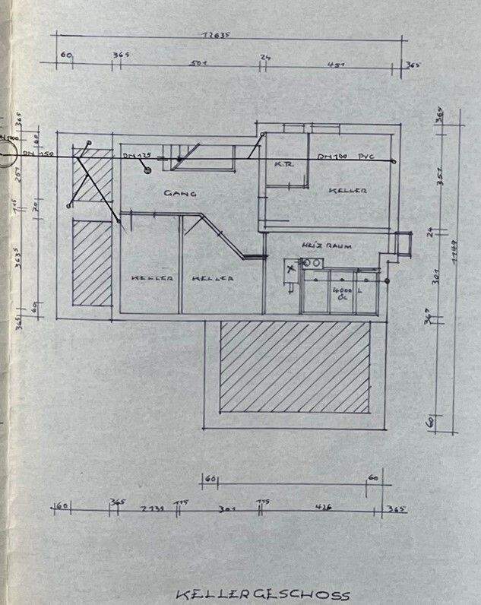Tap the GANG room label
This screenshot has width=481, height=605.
(181, 194)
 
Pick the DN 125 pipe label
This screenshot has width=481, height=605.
(138, 155)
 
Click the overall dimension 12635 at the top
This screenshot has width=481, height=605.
(216, 34)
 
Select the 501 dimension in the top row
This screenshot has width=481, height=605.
(200, 63)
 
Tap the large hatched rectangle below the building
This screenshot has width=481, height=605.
(296, 368)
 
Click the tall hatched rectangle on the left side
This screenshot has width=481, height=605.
(92, 262)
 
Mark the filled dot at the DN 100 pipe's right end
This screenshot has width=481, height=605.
(394, 161)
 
